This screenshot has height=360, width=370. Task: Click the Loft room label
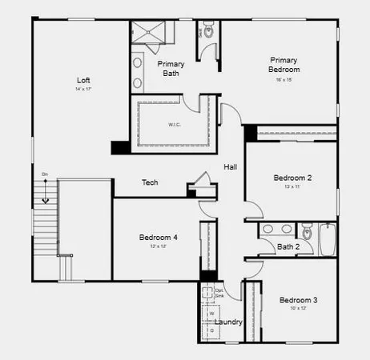(83, 80)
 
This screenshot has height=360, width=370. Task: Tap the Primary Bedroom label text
(284, 65)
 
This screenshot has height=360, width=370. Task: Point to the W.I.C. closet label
(174, 124)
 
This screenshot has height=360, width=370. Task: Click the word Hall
(230, 166)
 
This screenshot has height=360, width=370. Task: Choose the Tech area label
(150, 182)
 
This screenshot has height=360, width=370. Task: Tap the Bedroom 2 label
(292, 177)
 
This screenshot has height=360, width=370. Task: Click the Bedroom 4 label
(158, 238)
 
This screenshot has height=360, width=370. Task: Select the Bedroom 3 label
(298, 300)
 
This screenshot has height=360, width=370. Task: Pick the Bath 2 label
(288, 246)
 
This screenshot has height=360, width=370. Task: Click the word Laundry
(229, 322)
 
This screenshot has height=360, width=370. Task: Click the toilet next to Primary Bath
(210, 32)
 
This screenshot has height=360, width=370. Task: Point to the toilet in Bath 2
(306, 233)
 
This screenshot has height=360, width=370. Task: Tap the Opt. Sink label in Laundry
(219, 293)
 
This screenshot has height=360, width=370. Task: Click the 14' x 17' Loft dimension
(83, 90)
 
